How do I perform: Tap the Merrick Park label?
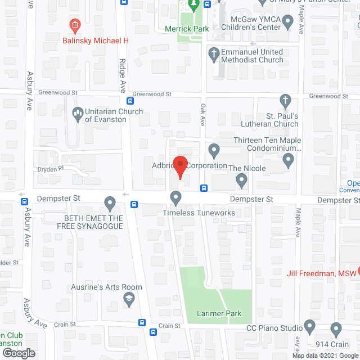[187, 29]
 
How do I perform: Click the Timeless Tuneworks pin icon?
[176, 197]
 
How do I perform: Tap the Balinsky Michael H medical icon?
[74, 25]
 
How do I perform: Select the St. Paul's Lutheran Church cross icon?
[286, 102]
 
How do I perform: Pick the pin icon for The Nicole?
[242, 181]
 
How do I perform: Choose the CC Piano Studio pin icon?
[309, 327]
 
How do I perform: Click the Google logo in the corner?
[19, 353]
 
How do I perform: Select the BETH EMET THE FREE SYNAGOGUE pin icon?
[110, 202]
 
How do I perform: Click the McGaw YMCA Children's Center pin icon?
[288, 22]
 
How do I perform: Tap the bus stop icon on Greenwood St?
[130, 102]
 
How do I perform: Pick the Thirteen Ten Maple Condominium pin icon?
[214, 150]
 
